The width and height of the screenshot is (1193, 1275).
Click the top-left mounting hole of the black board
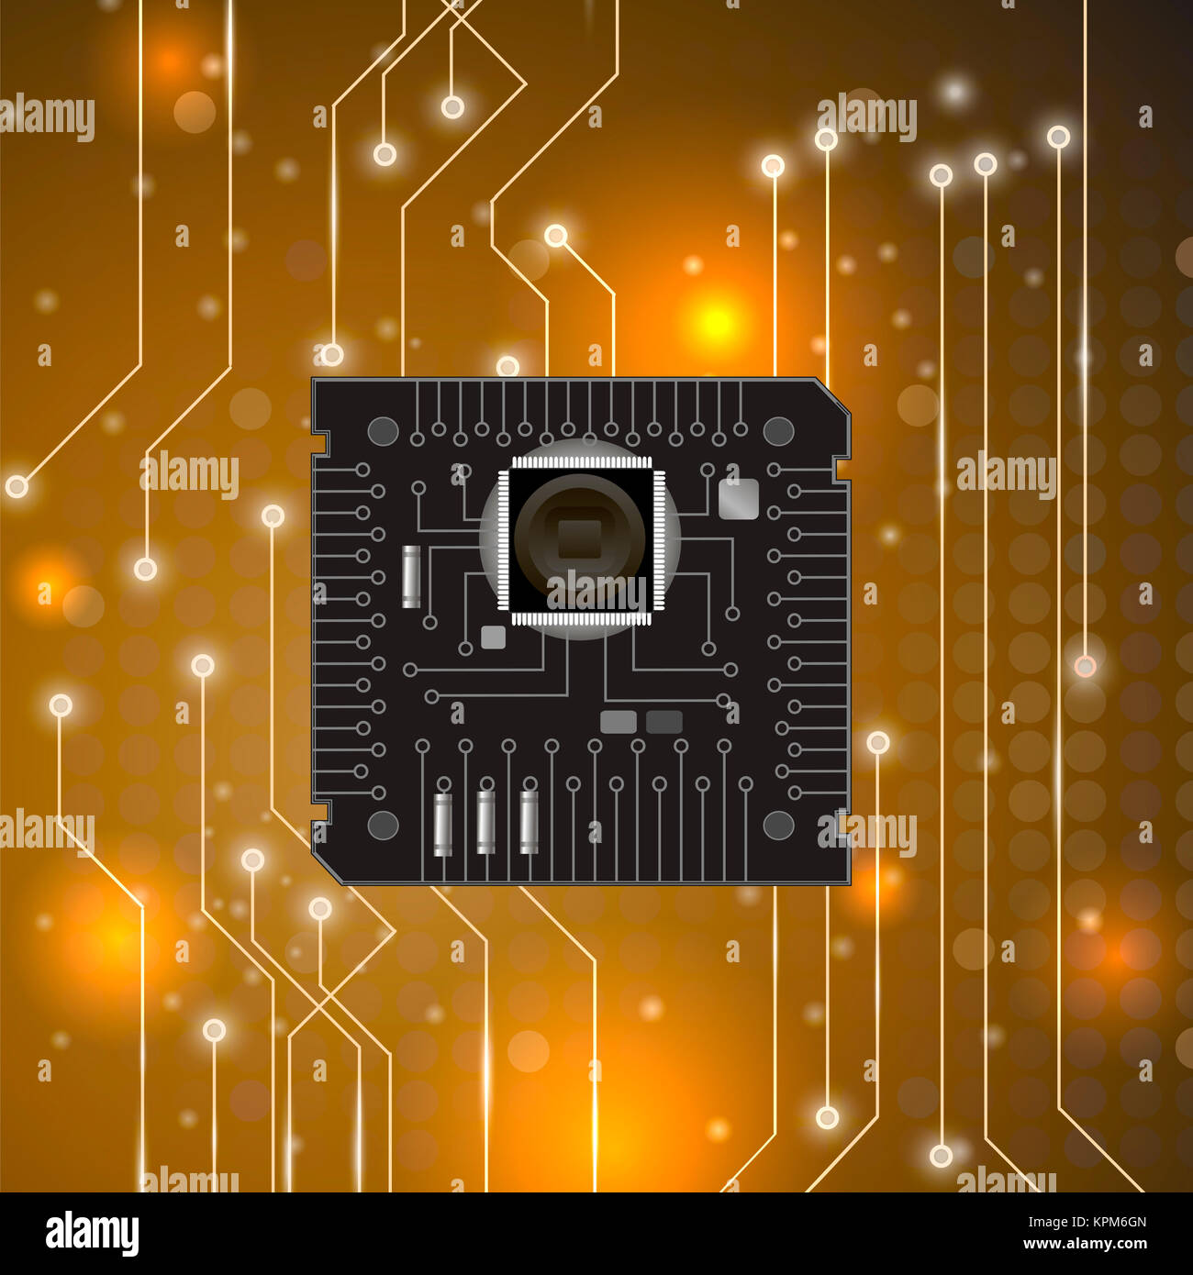382,430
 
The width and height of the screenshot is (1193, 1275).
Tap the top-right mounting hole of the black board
778,430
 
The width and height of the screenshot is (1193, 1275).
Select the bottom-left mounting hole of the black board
383,826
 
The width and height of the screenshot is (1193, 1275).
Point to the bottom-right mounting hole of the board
778,826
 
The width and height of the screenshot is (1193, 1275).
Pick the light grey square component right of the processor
738,499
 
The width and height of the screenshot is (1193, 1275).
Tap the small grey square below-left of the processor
494,637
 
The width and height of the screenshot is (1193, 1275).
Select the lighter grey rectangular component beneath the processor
619,722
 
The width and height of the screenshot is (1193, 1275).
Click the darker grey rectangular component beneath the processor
664,722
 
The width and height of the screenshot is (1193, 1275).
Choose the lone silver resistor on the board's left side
411,576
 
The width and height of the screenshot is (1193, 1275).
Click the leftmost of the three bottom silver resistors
442,824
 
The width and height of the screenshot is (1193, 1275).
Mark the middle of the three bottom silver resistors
485,822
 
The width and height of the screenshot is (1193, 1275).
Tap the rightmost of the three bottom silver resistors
529,822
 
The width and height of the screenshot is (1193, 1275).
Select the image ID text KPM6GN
1087,1222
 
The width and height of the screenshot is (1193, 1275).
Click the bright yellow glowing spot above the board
716,322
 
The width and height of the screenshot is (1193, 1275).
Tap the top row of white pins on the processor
580,461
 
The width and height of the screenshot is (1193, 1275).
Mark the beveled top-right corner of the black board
833,393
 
